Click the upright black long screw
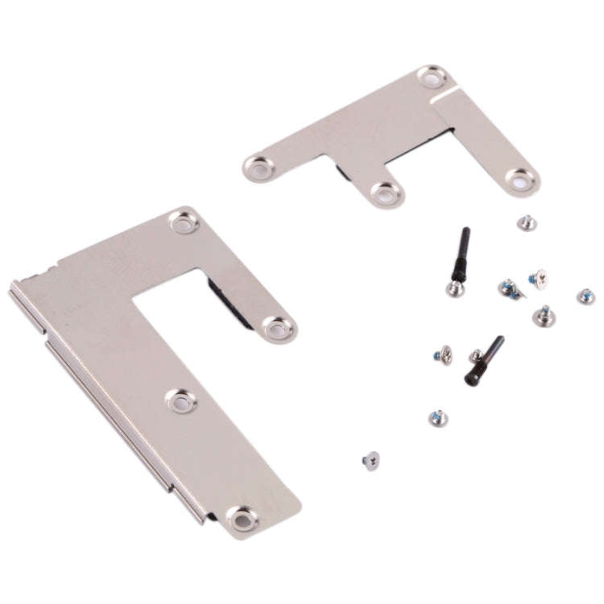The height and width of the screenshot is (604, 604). point(461,254)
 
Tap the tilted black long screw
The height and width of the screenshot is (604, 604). point(485,360)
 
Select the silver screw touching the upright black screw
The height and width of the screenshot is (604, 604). point(455,288)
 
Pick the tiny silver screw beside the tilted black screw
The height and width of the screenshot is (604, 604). point(476,355)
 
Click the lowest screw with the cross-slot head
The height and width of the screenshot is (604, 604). point(371,460)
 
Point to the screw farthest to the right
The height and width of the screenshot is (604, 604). point(586,296)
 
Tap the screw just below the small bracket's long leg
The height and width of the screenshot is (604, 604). point(527,222)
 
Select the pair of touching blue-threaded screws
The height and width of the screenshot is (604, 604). point(510,288)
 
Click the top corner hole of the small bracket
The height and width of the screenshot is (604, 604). point(432,77)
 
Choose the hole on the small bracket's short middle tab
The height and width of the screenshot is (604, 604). point(387,193)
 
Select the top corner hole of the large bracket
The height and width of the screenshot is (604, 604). point(184,221)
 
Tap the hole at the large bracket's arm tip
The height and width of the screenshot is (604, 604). point(279,328)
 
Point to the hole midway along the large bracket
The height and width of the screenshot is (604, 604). point(181,399)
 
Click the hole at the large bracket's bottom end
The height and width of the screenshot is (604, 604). point(241,518)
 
